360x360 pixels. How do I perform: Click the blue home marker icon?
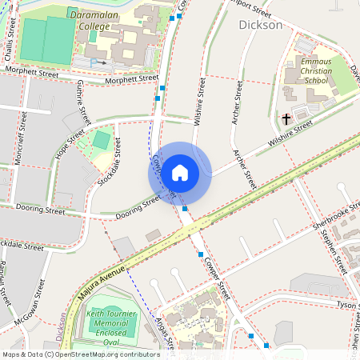[x=180, y=172]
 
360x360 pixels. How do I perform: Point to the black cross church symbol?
[x=286, y=119]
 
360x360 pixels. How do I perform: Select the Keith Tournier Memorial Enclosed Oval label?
[x=113, y=330]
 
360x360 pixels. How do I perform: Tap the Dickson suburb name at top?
[x=261, y=25]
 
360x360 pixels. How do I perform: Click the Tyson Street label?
[x=346, y=305]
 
